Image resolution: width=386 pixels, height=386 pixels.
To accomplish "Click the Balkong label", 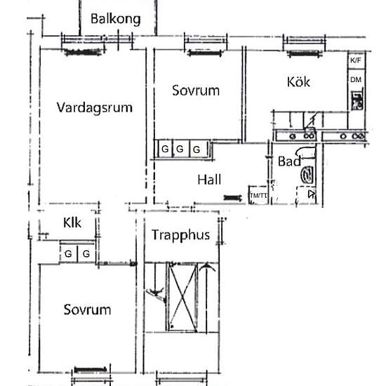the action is (x=116, y=19).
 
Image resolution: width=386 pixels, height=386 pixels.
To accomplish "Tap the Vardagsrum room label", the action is (x=95, y=107).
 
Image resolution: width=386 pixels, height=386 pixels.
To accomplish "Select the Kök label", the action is (x=298, y=81).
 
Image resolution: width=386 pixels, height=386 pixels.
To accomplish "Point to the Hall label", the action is (x=209, y=179).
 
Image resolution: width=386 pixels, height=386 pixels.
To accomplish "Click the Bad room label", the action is (x=289, y=161).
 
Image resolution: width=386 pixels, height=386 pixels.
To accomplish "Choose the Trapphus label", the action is (x=180, y=235).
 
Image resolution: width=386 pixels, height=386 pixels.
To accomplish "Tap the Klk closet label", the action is (x=72, y=222).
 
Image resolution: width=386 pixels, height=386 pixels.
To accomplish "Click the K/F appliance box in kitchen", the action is (x=356, y=60).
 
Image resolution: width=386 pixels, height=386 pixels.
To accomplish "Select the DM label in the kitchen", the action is (x=356, y=79).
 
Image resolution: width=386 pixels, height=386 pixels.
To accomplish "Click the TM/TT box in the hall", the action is (x=258, y=195).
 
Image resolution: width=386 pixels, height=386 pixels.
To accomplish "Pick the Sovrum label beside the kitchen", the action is (x=196, y=91).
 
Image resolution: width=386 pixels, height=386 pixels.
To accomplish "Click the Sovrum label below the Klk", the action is (x=87, y=310).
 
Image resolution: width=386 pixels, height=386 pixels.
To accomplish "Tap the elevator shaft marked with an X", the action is (x=182, y=297).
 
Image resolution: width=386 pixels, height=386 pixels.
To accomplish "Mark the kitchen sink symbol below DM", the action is (x=357, y=100).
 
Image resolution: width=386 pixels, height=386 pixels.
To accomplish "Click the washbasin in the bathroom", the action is (x=307, y=175).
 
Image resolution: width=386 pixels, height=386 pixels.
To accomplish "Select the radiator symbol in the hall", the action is (x=232, y=197).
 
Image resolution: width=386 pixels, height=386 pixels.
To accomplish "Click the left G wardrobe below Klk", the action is (x=69, y=253).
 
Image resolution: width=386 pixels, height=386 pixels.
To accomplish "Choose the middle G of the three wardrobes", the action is (x=180, y=149).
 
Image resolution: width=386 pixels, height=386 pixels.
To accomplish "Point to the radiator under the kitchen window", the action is (x=305, y=53).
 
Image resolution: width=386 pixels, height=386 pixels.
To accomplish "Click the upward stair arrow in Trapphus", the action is (x=206, y=297).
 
